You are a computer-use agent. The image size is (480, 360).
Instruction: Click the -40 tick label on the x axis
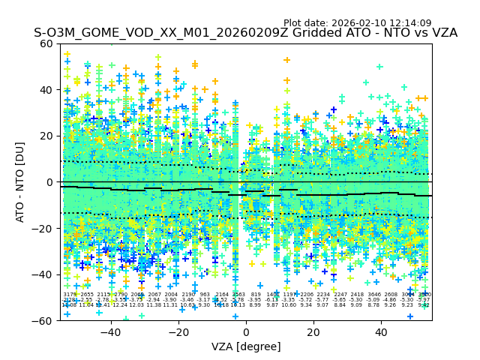point(109,332)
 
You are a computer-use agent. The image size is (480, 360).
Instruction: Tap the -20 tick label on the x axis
point(178,332)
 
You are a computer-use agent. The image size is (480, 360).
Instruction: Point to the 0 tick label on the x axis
point(246,332)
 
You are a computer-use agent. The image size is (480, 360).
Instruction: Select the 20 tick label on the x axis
point(313,332)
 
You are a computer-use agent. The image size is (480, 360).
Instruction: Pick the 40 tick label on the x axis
point(381,332)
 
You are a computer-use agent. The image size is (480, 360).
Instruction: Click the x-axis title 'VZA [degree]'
point(246,346)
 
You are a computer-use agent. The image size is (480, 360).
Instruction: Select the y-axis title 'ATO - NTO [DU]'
point(21,182)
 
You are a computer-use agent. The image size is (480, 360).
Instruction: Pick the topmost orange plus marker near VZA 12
point(286,60)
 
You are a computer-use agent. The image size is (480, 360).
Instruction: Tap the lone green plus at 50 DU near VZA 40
point(379,67)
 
